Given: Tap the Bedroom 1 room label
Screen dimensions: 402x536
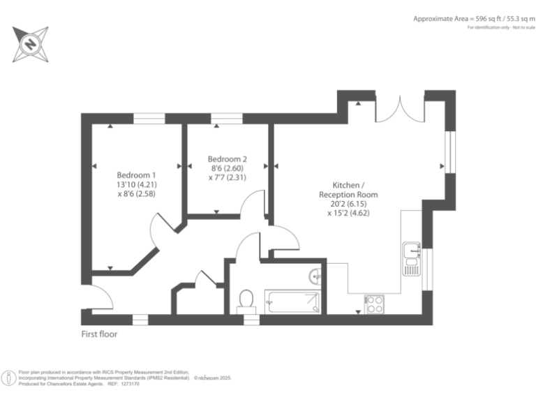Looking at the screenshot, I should pyautogui.click(x=136, y=174).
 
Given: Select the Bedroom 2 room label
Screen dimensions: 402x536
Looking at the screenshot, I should pyautogui.click(x=228, y=158).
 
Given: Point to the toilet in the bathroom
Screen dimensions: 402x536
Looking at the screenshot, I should pyautogui.click(x=245, y=300).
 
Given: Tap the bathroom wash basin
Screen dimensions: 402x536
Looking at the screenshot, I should pyautogui.click(x=316, y=276).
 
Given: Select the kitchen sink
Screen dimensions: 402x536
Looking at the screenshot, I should pyautogui.click(x=410, y=249).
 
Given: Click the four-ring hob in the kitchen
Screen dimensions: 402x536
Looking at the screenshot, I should pyautogui.click(x=374, y=304).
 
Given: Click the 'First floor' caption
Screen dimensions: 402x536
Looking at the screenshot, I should pyautogui.click(x=100, y=334).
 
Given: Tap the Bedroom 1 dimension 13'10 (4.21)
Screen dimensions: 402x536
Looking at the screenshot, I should pyautogui.click(x=136, y=184).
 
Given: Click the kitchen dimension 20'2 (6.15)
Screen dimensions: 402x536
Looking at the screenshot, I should pyautogui.click(x=348, y=204).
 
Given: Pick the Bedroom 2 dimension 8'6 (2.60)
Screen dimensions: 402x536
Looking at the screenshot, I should pyautogui.click(x=228, y=168).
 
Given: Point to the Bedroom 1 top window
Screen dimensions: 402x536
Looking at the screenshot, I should pyautogui.click(x=149, y=119).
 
